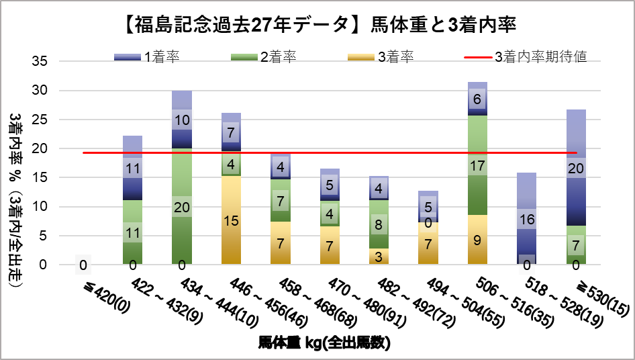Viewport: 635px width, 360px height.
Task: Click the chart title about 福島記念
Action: (x=318, y=26)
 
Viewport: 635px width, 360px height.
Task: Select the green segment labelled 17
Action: (x=477, y=165)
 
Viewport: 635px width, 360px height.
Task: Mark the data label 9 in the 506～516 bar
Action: (x=477, y=240)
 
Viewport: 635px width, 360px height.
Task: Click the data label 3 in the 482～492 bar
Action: (x=379, y=257)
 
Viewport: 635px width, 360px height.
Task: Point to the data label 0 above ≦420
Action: (x=83, y=266)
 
